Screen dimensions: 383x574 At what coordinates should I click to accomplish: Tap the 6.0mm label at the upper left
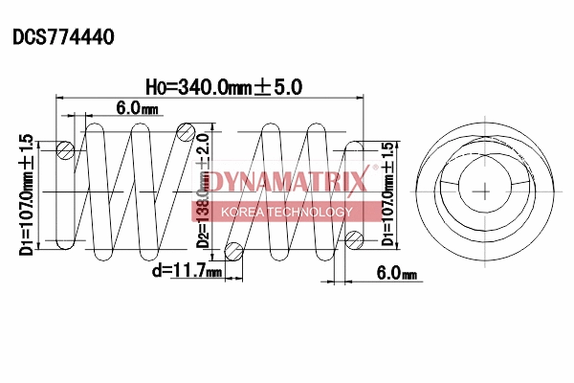pos(137,109)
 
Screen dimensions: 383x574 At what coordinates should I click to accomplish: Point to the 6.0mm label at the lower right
pos(397,274)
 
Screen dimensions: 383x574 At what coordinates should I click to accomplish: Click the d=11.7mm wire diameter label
pos(187,271)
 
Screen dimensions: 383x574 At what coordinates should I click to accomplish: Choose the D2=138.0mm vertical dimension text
pos(203,191)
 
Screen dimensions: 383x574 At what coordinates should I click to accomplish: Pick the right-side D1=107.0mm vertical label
pos(387,194)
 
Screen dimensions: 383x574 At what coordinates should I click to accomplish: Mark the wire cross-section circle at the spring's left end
pos(65,149)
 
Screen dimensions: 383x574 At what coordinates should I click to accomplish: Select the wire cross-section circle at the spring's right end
pos(355,238)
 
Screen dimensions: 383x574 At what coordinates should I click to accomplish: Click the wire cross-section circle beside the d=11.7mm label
pos(232,251)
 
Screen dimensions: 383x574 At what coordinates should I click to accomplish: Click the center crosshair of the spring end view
pos(486,190)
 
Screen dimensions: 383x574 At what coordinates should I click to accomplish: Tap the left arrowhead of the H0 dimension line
pos(62,98)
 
